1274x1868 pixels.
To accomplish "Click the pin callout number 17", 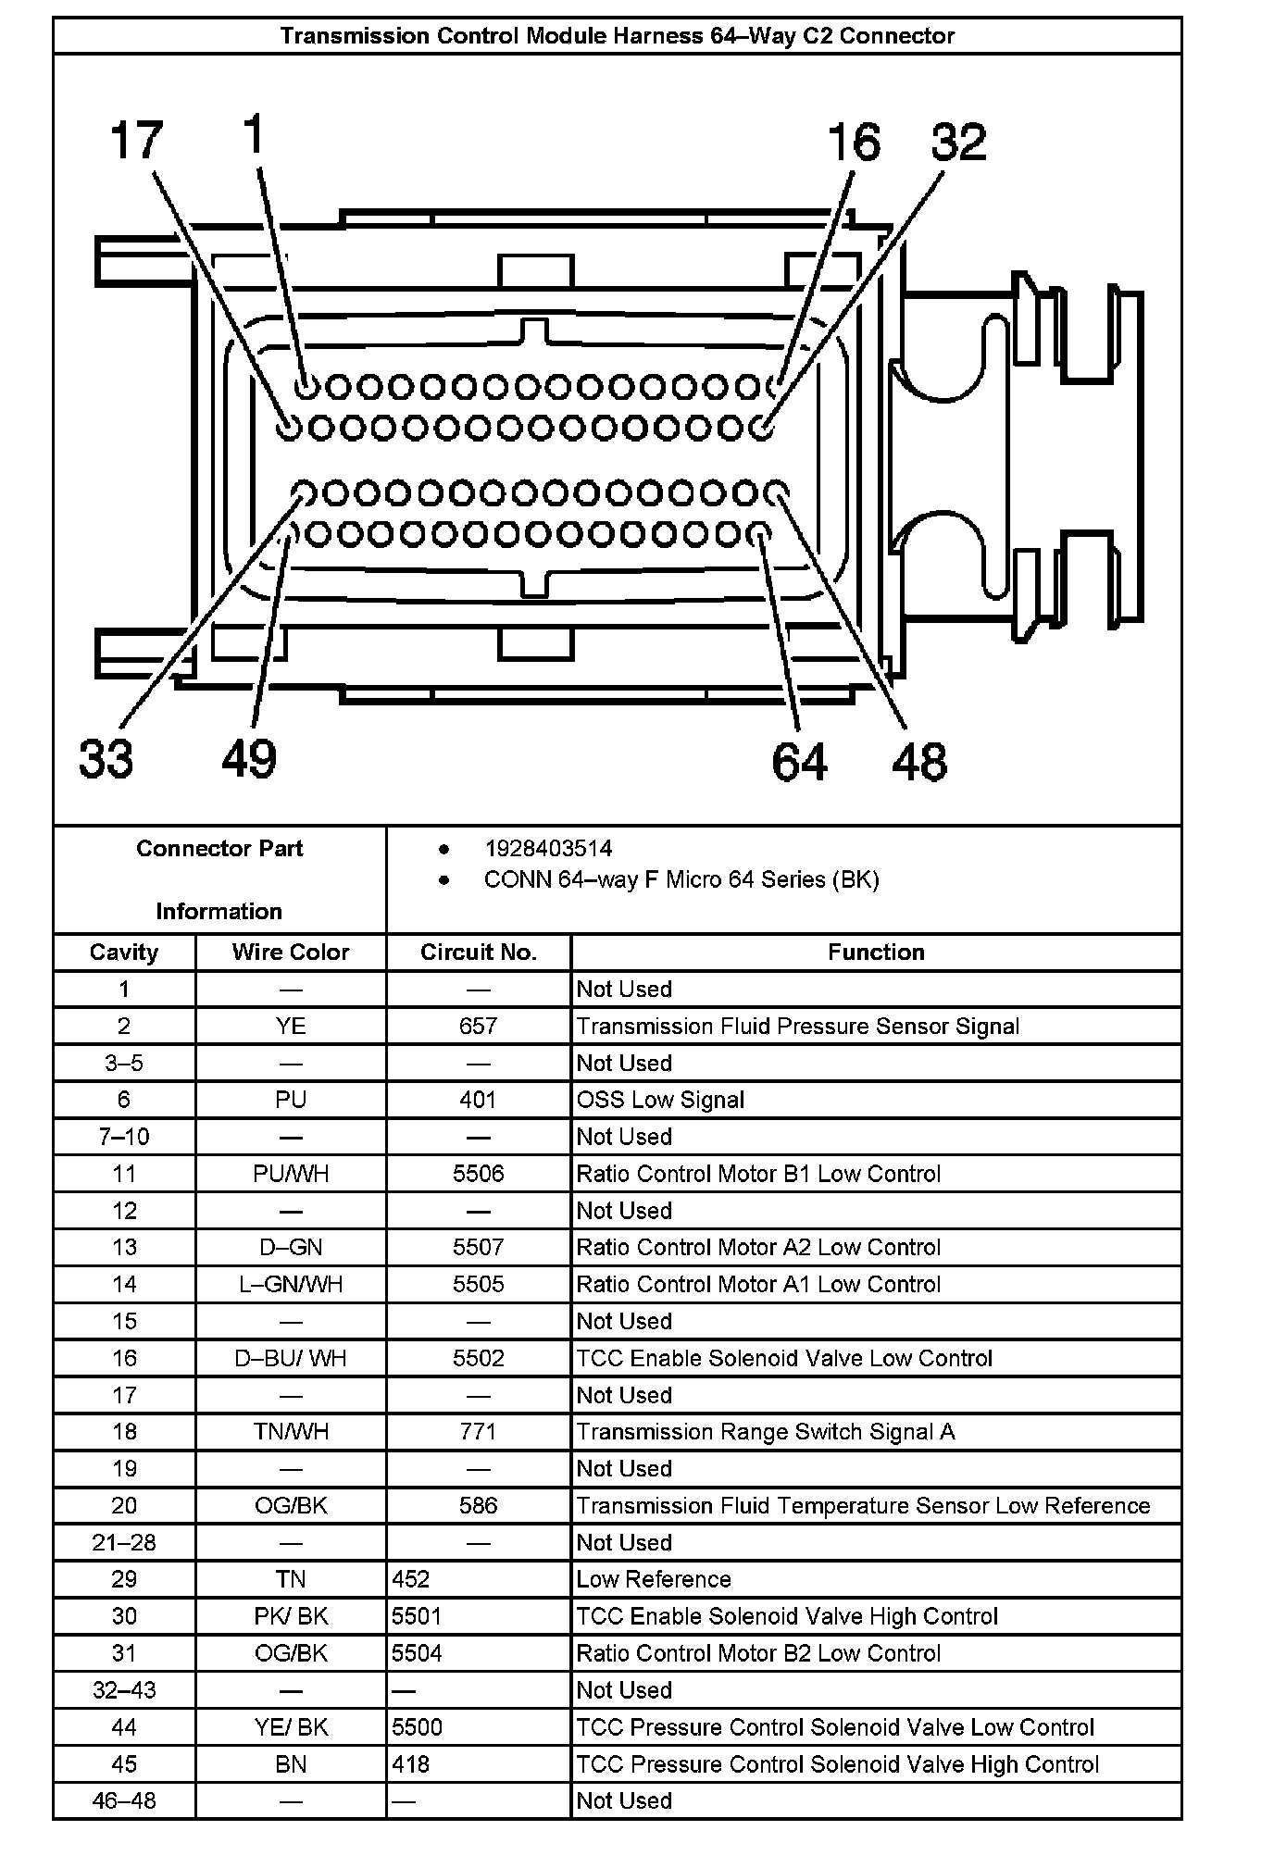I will click(136, 142).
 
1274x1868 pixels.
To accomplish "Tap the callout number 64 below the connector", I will click(799, 761).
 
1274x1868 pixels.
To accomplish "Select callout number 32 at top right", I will click(958, 143).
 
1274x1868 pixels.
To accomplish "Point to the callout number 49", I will click(249, 759).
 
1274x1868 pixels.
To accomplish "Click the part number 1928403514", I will click(548, 849).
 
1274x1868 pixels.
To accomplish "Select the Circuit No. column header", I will click(478, 953).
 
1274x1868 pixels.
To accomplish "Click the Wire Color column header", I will click(290, 953).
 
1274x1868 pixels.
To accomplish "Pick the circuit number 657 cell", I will click(478, 1026).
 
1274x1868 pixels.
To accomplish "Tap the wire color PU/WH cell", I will click(290, 1174).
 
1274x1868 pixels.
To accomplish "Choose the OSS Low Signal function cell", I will click(660, 1100).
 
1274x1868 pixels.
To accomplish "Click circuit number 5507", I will click(478, 1247).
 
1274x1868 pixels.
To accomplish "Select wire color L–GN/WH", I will click(290, 1284).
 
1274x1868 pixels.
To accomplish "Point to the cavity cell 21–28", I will click(124, 1542).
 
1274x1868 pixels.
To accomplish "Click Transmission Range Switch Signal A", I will click(765, 1432).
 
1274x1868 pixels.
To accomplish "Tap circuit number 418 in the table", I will click(410, 1764).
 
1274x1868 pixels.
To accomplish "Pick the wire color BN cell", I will click(290, 1764).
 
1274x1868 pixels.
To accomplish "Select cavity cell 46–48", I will click(124, 1800).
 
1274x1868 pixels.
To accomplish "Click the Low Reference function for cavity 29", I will click(653, 1579).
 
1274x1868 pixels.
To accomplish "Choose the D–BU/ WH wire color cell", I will click(290, 1358).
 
